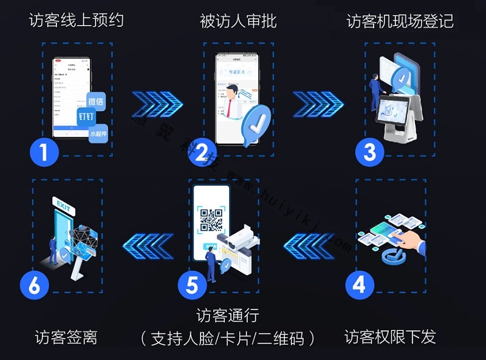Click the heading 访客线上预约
coord(77,21)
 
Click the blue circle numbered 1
coord(44,152)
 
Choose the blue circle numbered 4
coord(360,284)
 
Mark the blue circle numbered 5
coord(193,285)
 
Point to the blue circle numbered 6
coord(34,285)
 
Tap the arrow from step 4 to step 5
coord(309,246)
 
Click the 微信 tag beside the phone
coord(96,101)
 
